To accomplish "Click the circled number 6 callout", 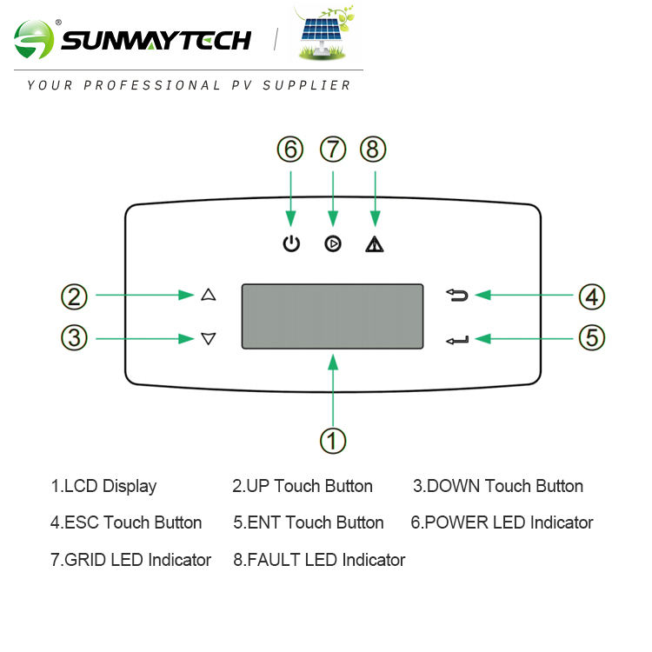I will coord(290,150).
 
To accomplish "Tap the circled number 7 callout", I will coord(333,150).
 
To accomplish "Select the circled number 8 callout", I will coord(374,150).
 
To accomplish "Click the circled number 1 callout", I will coord(333,439).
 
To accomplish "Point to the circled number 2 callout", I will coord(75,296).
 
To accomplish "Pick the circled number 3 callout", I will coord(75,337).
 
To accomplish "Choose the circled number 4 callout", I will coord(592,296).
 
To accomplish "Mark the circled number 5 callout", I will coord(592,337).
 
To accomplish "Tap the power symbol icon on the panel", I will coord(291,244).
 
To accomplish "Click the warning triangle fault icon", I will coord(375,244).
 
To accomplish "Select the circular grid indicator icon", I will coord(333,244).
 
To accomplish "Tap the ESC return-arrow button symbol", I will coord(457,296).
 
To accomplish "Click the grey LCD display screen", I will coord(332,316).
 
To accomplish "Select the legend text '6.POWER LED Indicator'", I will coord(502,522).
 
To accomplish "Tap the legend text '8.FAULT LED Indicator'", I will coord(319,560).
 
